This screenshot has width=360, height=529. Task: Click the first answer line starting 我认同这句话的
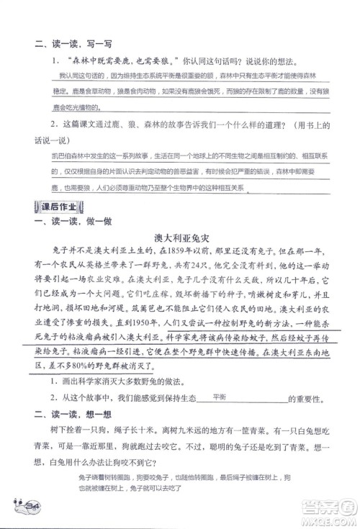click(x=180, y=76)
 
